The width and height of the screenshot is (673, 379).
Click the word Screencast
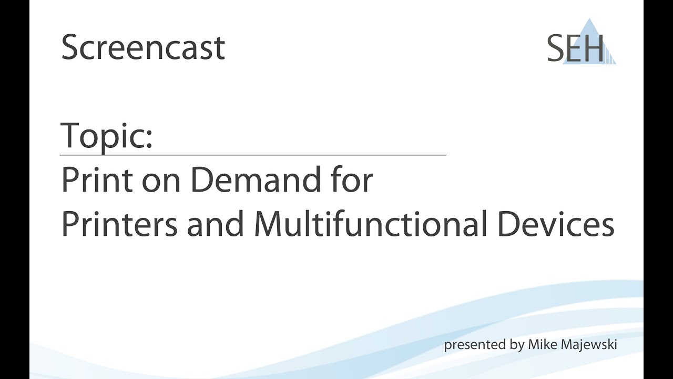coord(143,47)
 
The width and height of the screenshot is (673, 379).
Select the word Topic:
coord(107,135)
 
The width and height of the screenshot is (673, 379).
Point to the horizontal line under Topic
coord(253,155)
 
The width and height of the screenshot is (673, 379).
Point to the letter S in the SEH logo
coord(556,48)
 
